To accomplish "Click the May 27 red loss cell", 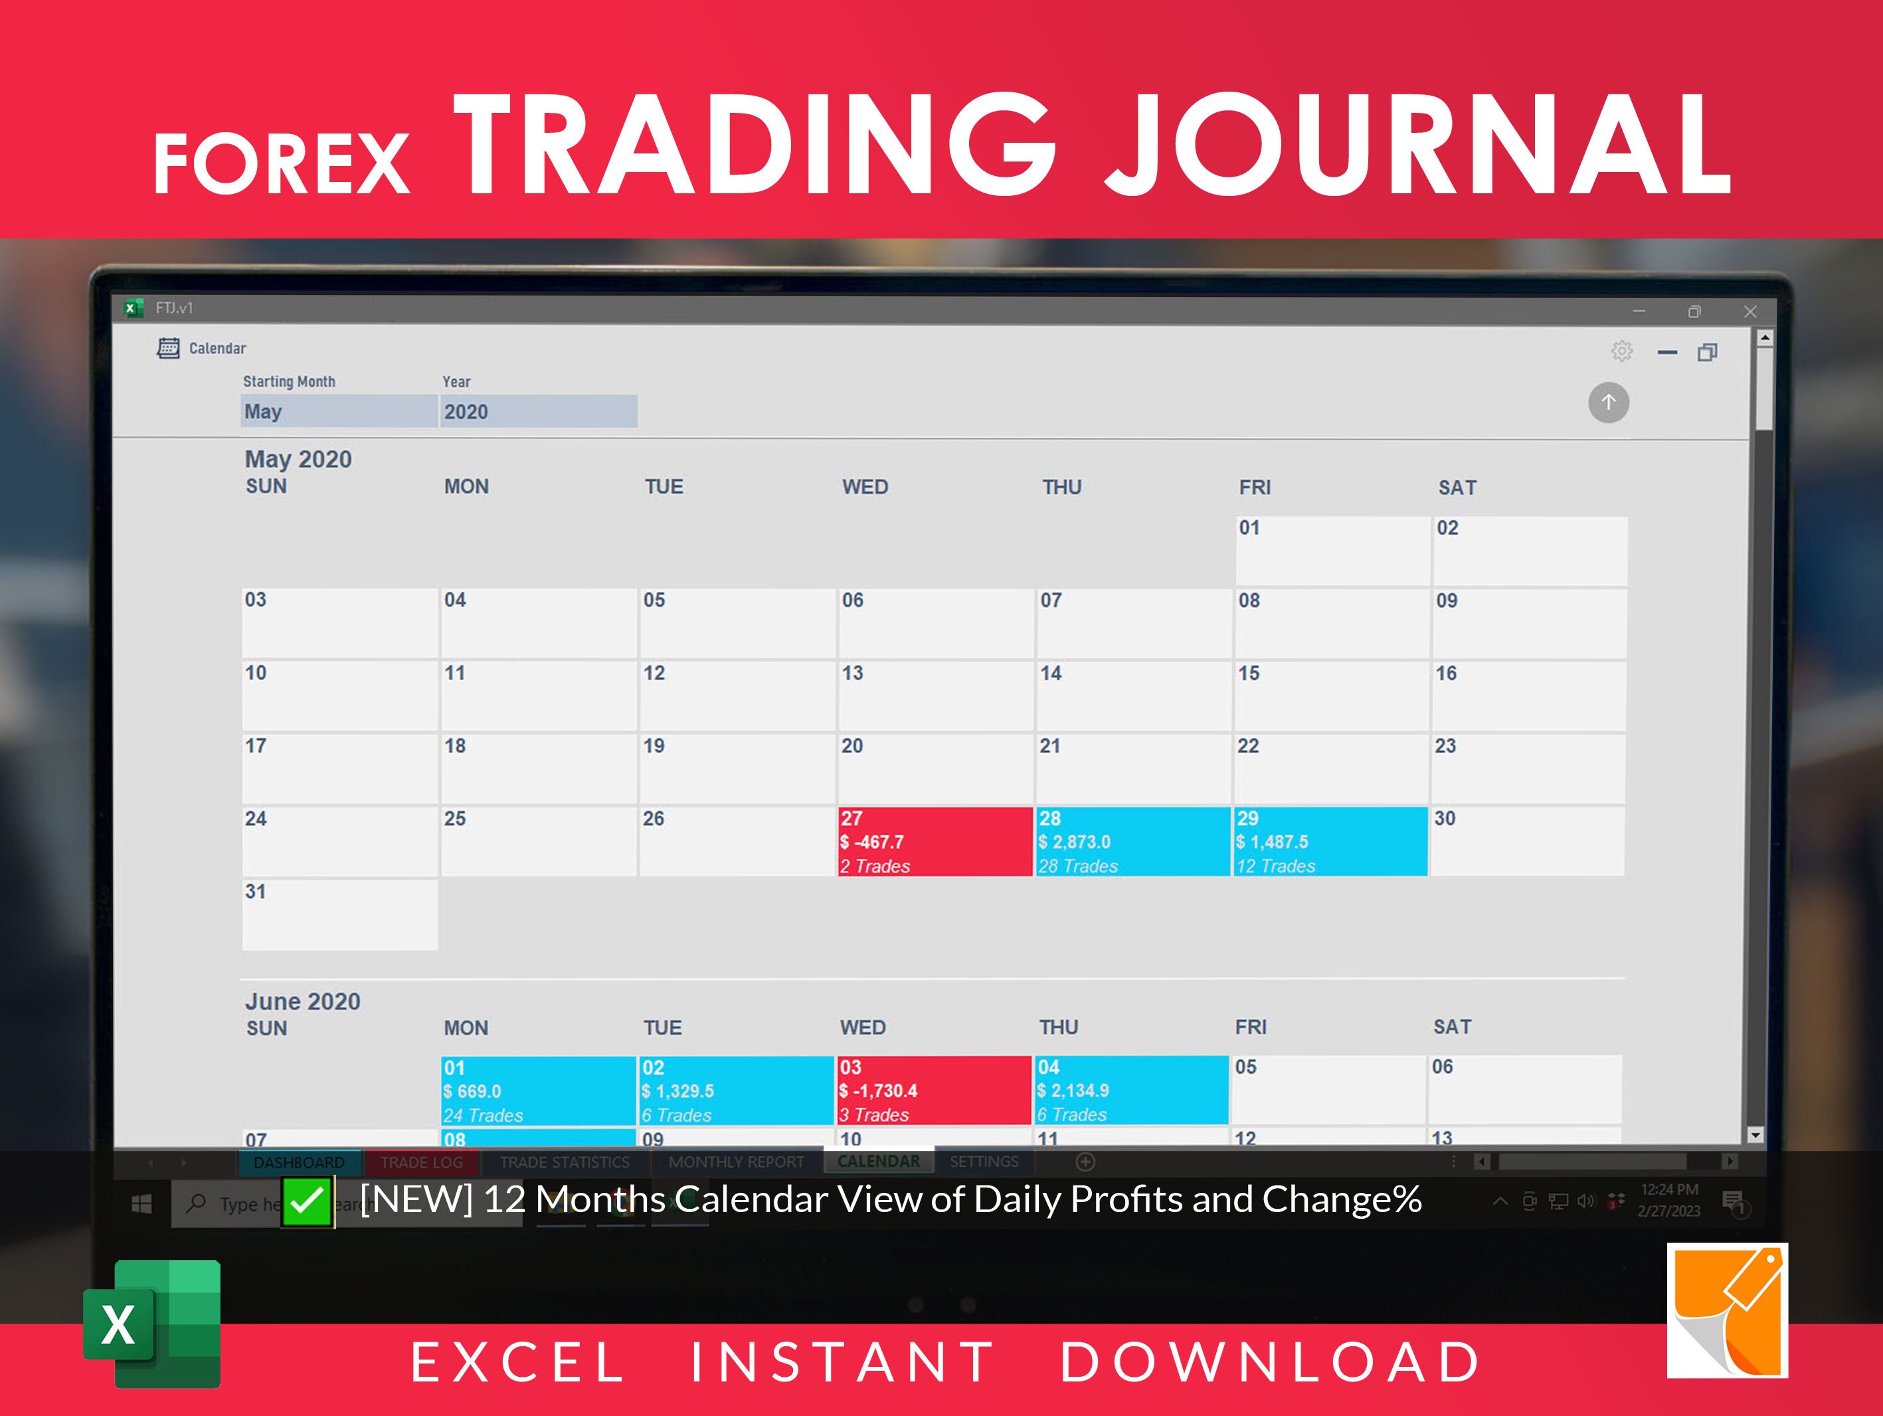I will tap(935, 841).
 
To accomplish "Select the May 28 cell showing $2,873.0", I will tap(1132, 841).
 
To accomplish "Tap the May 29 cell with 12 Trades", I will tap(1330, 841).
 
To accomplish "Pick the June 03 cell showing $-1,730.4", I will tap(934, 1091).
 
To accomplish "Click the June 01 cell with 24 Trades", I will tap(538, 1091).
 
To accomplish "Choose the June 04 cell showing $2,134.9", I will tap(1131, 1091).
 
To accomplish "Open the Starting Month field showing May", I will tap(339, 411).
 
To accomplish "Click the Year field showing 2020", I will tap(538, 411).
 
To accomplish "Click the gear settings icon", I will tap(1622, 351).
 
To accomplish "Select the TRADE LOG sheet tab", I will tap(421, 1162).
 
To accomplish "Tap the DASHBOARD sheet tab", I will tap(299, 1162).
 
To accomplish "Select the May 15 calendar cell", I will tap(1330, 695).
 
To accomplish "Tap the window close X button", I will tap(1750, 311).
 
